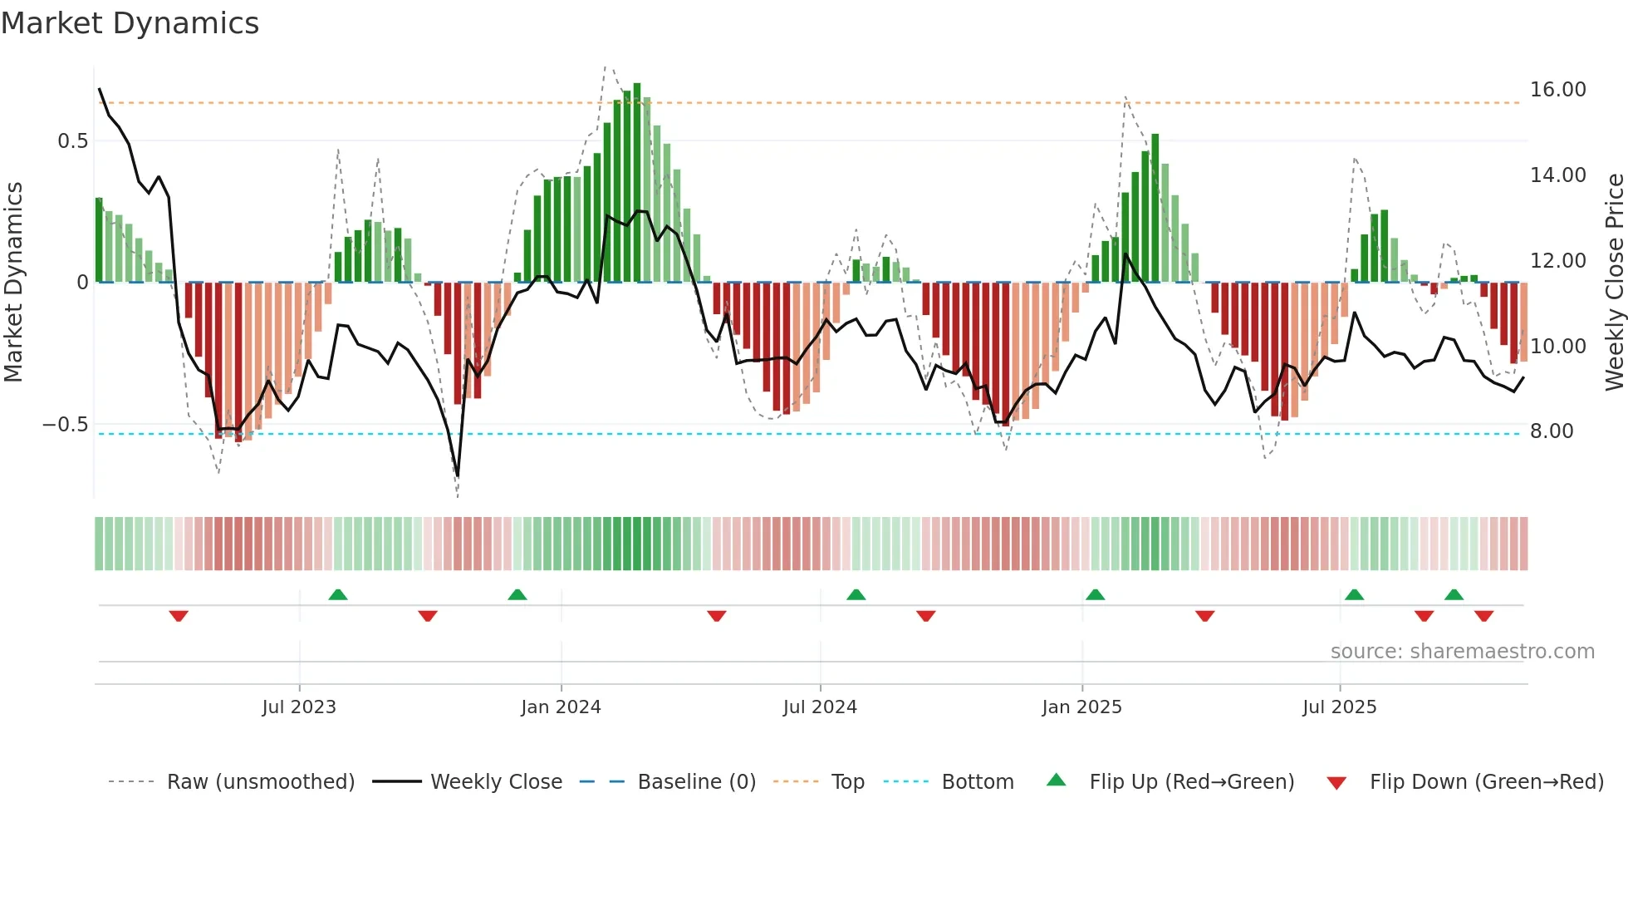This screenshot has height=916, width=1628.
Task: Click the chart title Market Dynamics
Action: point(130,23)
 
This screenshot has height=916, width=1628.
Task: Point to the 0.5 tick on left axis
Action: point(72,141)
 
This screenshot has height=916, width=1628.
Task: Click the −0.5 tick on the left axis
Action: point(65,425)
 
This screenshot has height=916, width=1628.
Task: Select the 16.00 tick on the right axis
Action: point(1557,90)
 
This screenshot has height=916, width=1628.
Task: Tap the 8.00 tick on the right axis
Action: point(1552,431)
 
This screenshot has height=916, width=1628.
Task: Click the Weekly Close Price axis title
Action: point(1614,282)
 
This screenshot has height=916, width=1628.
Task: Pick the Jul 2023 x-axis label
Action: point(299,707)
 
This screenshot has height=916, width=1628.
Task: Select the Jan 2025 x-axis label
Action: point(1081,707)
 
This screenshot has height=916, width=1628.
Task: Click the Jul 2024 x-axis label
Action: point(820,707)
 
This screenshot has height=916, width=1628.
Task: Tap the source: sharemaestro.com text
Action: point(1462,652)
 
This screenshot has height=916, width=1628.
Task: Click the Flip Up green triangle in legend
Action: point(1056,780)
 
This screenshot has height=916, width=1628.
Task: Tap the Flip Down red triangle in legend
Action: point(1336,783)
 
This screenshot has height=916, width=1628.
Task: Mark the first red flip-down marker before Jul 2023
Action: point(179,616)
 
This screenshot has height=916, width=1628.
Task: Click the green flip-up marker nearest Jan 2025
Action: point(1095,594)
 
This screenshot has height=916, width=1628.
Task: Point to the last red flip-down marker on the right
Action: point(1483,616)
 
